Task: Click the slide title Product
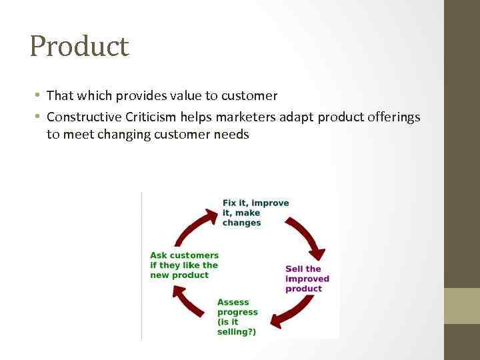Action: coord(79,45)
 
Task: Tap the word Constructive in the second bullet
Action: coord(83,117)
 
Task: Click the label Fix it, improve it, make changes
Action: coord(255,213)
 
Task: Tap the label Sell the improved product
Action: coord(307,279)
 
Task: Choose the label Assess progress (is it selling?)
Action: coord(237,317)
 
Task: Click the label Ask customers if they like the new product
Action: coord(184,265)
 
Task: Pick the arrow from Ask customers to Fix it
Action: coord(193,223)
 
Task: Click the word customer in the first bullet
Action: coord(248,96)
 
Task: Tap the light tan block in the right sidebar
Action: coord(462,305)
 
